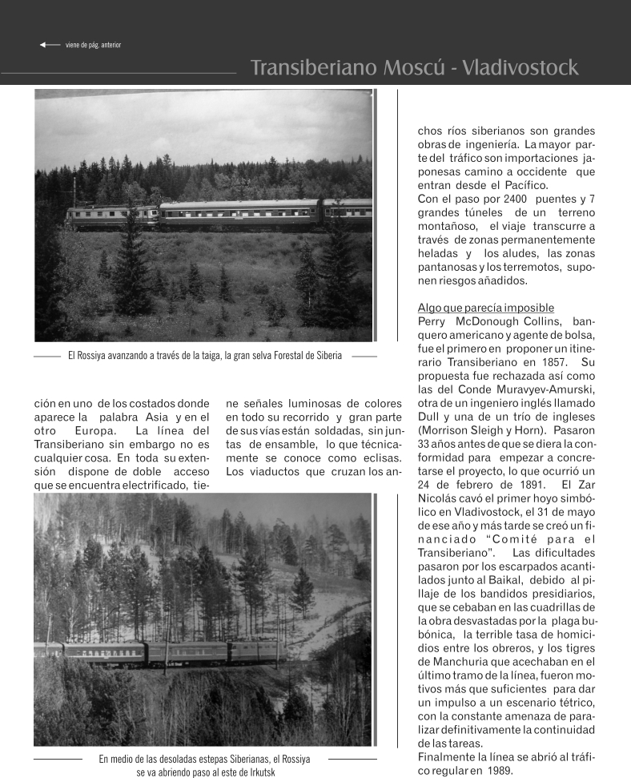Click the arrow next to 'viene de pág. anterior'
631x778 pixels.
[49, 44]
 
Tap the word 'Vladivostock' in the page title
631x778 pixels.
[520, 67]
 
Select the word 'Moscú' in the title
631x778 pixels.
[420, 67]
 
